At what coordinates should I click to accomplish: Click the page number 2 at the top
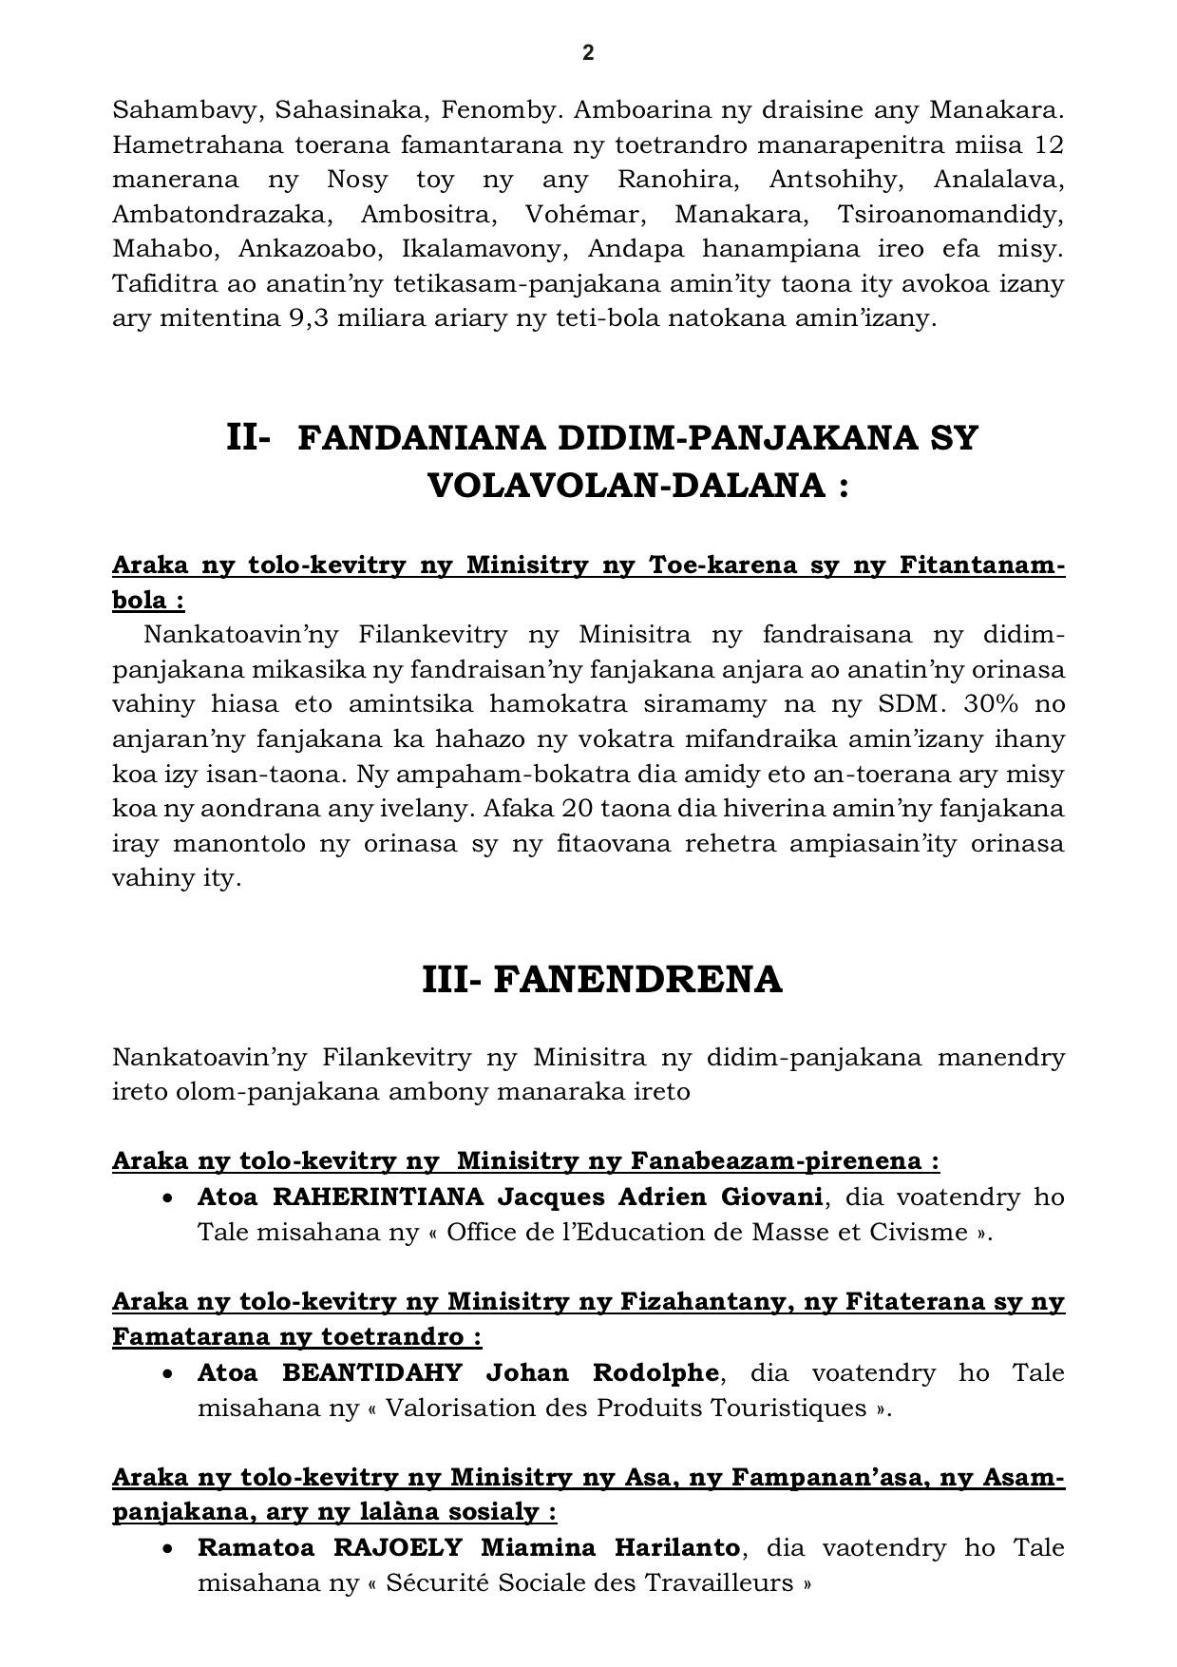(588, 53)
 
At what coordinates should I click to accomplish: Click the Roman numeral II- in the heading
(249, 438)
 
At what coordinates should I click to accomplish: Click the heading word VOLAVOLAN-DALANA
(624, 487)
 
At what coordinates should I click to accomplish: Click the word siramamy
(721, 704)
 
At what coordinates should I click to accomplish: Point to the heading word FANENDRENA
(637, 980)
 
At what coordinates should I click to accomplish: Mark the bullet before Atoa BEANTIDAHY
(168, 1374)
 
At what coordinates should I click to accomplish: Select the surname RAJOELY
(398, 1548)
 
